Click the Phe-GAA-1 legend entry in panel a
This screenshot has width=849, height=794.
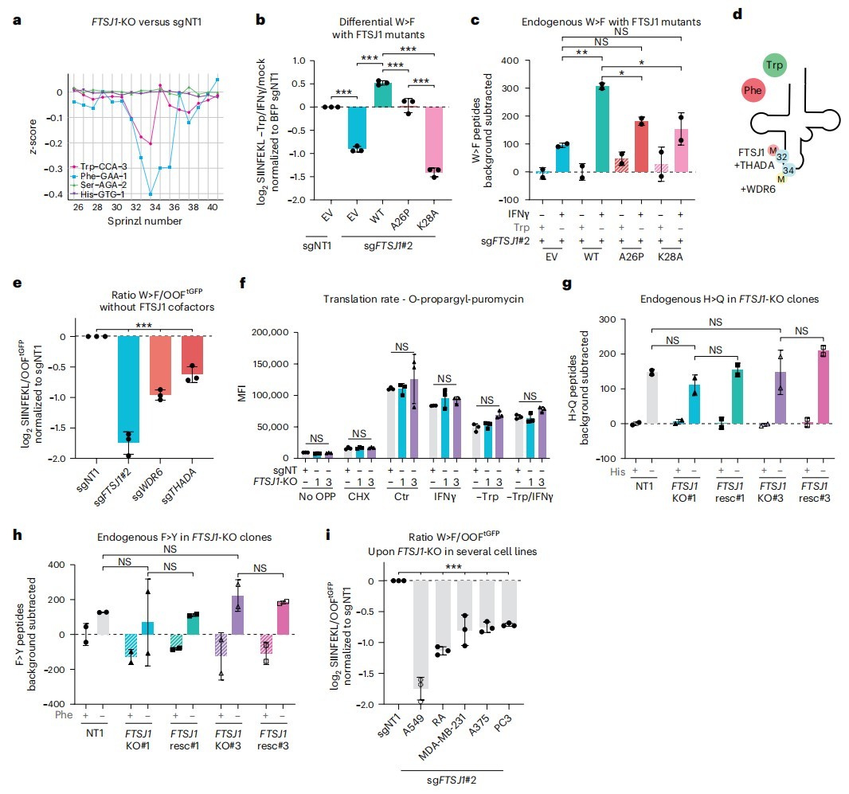[100, 176]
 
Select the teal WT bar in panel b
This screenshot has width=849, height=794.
[383, 95]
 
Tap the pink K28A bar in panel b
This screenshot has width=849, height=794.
[434, 139]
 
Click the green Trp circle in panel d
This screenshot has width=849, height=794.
[775, 65]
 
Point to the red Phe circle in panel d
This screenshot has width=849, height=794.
[753, 90]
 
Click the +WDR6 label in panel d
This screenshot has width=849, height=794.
[758, 190]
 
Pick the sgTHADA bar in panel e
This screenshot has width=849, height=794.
[192, 354]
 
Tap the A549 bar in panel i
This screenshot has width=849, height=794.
[421, 635]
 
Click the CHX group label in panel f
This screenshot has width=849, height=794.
[359, 496]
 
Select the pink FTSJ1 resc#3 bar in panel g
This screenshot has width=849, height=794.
[823, 387]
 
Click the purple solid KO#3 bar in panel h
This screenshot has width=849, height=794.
[237, 615]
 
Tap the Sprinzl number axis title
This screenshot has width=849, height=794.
[145, 221]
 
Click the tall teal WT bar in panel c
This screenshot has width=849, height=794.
[601, 129]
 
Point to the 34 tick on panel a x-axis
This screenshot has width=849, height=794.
[155, 207]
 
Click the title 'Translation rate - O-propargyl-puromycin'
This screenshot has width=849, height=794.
[424, 299]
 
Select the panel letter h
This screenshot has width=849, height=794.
[18, 534]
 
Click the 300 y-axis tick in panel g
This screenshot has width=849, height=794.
[608, 319]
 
